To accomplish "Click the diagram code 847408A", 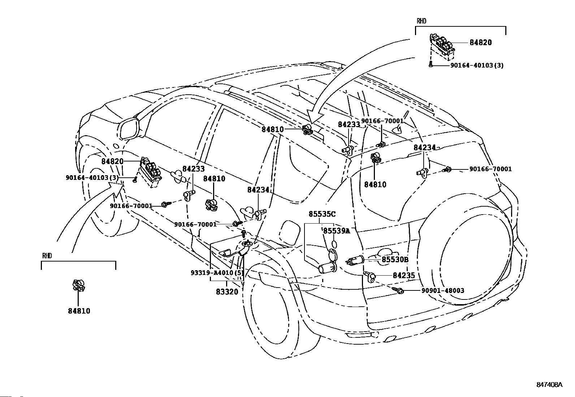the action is pos(549,392).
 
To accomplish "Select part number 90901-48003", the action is pos(443,290).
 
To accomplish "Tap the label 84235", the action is pos(404,275).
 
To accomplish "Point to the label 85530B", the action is pos(395,259).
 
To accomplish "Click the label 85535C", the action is pos(322,214).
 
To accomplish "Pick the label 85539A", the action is pos(337,231).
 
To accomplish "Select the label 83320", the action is pos(227,292).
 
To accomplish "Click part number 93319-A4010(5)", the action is pos(217,272).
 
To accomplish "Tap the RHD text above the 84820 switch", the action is pos(421,21).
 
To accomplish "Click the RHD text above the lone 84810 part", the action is pos(47,255).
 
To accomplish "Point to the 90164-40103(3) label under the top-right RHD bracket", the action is pos(477,65).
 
